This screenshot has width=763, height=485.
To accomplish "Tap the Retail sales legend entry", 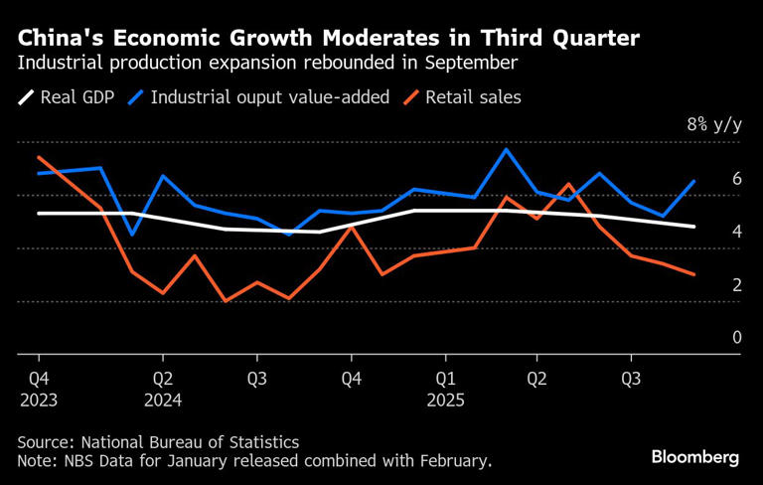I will pos(473,97).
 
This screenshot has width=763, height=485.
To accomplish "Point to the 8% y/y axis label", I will pos(714,125).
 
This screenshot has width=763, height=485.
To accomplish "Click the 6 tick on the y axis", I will pos(736,179).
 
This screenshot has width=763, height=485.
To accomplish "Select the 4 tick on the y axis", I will pos(736,232).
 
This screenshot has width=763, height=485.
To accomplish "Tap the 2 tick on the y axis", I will pos(736,285).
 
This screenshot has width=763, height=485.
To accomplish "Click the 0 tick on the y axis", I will pos(736,338).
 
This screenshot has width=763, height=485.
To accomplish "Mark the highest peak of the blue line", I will pos(507,149).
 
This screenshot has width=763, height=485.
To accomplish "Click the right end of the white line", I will pos(693,227).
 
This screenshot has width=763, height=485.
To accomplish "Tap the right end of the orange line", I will pos(693,274).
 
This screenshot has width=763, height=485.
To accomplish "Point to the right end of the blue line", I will pos(693,181).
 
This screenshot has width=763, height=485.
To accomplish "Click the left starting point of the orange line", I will pos(39,157).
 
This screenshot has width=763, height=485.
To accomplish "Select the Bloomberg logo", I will pos(695,457).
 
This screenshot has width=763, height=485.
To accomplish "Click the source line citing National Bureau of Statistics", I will pos(158,441).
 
